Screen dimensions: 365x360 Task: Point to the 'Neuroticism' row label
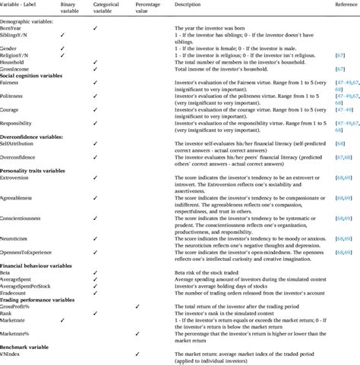coord(16,236)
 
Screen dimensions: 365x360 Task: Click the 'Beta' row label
coord(8,271)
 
